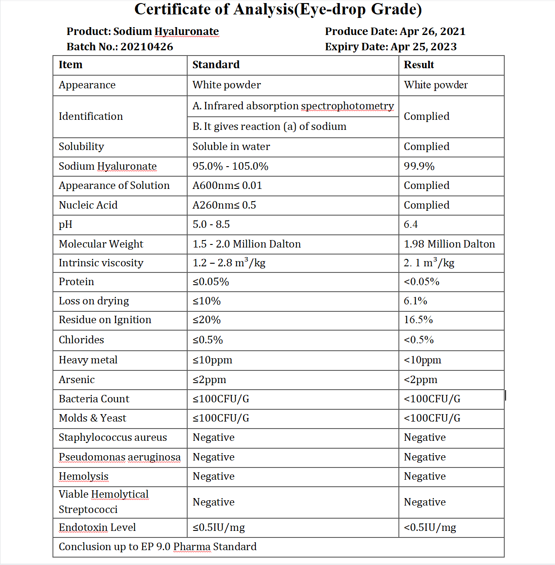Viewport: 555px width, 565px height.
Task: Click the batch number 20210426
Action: click(x=147, y=47)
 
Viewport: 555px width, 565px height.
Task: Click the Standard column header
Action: click(x=216, y=65)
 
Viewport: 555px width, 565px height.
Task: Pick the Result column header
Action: click(x=419, y=65)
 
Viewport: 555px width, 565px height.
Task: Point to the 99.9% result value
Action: click(x=419, y=166)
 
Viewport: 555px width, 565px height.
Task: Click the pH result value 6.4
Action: click(x=411, y=224)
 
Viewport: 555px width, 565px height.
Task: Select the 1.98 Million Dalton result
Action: click(x=449, y=244)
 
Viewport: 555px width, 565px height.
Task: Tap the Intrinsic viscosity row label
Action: click(x=101, y=263)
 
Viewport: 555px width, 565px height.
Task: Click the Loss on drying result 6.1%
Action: click(x=415, y=301)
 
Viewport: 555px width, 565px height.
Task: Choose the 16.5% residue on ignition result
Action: click(x=418, y=320)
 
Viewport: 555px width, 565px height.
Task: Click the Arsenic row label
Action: click(x=77, y=380)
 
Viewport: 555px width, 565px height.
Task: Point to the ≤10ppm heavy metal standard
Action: click(x=212, y=360)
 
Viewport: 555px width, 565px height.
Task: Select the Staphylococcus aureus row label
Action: click(x=113, y=437)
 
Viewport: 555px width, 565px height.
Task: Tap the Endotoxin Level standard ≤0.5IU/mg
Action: click(x=219, y=527)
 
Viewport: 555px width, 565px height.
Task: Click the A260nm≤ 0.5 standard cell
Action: click(x=224, y=205)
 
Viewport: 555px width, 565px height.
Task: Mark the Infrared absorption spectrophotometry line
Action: click(x=293, y=106)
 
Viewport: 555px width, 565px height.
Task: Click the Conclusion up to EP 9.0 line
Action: click(x=157, y=547)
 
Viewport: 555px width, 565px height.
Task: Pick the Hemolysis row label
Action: click(x=84, y=476)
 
